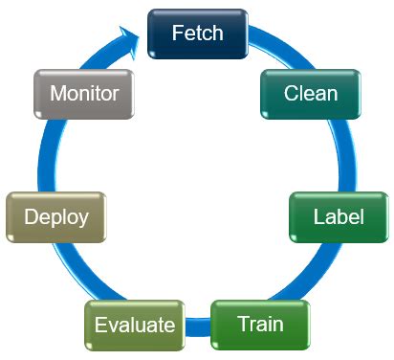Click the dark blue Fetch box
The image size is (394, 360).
197,34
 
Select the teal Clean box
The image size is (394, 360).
311,94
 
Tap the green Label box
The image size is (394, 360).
339,216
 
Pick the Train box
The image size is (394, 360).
260,324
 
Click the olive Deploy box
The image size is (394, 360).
55,216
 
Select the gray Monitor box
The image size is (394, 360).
84,94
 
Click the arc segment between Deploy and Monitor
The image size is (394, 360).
49,153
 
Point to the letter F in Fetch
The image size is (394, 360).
177,34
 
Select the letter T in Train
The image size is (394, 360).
240,324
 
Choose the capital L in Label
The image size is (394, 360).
318,216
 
